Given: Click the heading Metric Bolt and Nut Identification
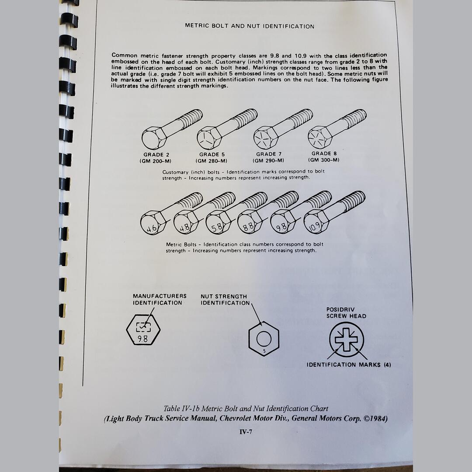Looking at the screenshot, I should pos(249,26).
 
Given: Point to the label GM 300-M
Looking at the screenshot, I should pos(323,160).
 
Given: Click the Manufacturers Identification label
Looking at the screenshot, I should pos(160,299).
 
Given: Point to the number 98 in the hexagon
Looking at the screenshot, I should pos(142,338).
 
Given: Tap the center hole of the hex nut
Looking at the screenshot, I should pos(264,339).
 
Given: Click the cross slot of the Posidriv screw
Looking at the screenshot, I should pos(346,339).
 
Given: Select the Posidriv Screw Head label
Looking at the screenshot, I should pos(346,313).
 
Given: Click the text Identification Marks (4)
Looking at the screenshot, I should pos(349,364).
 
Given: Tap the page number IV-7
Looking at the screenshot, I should pos(246,432).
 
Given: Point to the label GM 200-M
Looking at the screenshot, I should pos(156,161).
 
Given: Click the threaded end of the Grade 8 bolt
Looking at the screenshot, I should pos(354,118).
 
